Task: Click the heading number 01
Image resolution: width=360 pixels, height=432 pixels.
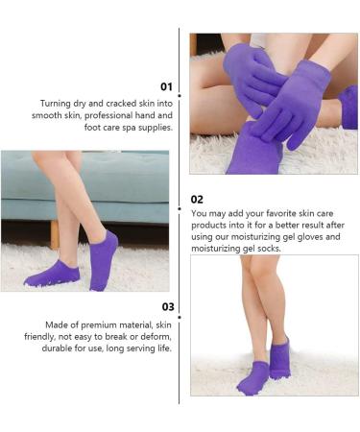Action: pyautogui.click(x=167, y=86)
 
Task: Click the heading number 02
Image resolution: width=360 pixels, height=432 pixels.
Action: pyautogui.click(x=197, y=199)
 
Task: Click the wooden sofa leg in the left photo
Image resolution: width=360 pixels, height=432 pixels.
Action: pyautogui.click(x=55, y=234)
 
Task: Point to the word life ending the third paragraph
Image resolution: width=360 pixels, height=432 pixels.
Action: pyautogui.click(x=161, y=348)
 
